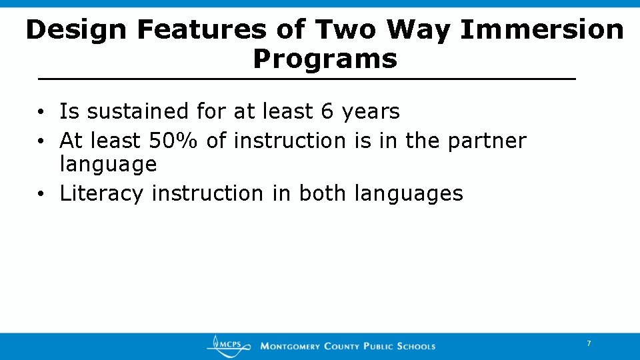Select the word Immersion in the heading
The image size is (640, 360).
pos(541,30)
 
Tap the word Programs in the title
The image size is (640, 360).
pos(325,59)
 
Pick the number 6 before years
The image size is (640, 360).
pos(327,111)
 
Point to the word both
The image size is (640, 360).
pos(323,193)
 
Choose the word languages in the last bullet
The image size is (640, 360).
pos(409,193)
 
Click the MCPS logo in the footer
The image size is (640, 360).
pos(229,345)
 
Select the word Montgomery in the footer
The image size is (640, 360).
pos(291,346)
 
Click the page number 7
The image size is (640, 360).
pos(589,343)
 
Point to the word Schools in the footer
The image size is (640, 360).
pos(416,346)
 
